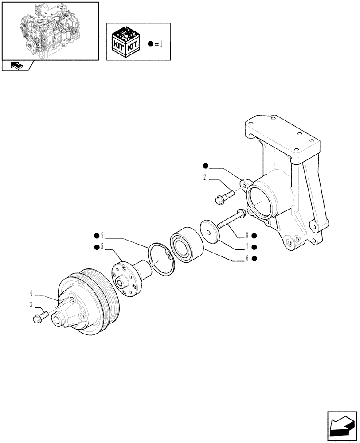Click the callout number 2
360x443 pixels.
pos(205,177)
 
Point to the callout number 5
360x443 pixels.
pos(102,247)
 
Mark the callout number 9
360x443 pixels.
pos(102,235)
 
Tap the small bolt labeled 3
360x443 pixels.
pos(39,317)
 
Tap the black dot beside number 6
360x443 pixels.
pos(254,258)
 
